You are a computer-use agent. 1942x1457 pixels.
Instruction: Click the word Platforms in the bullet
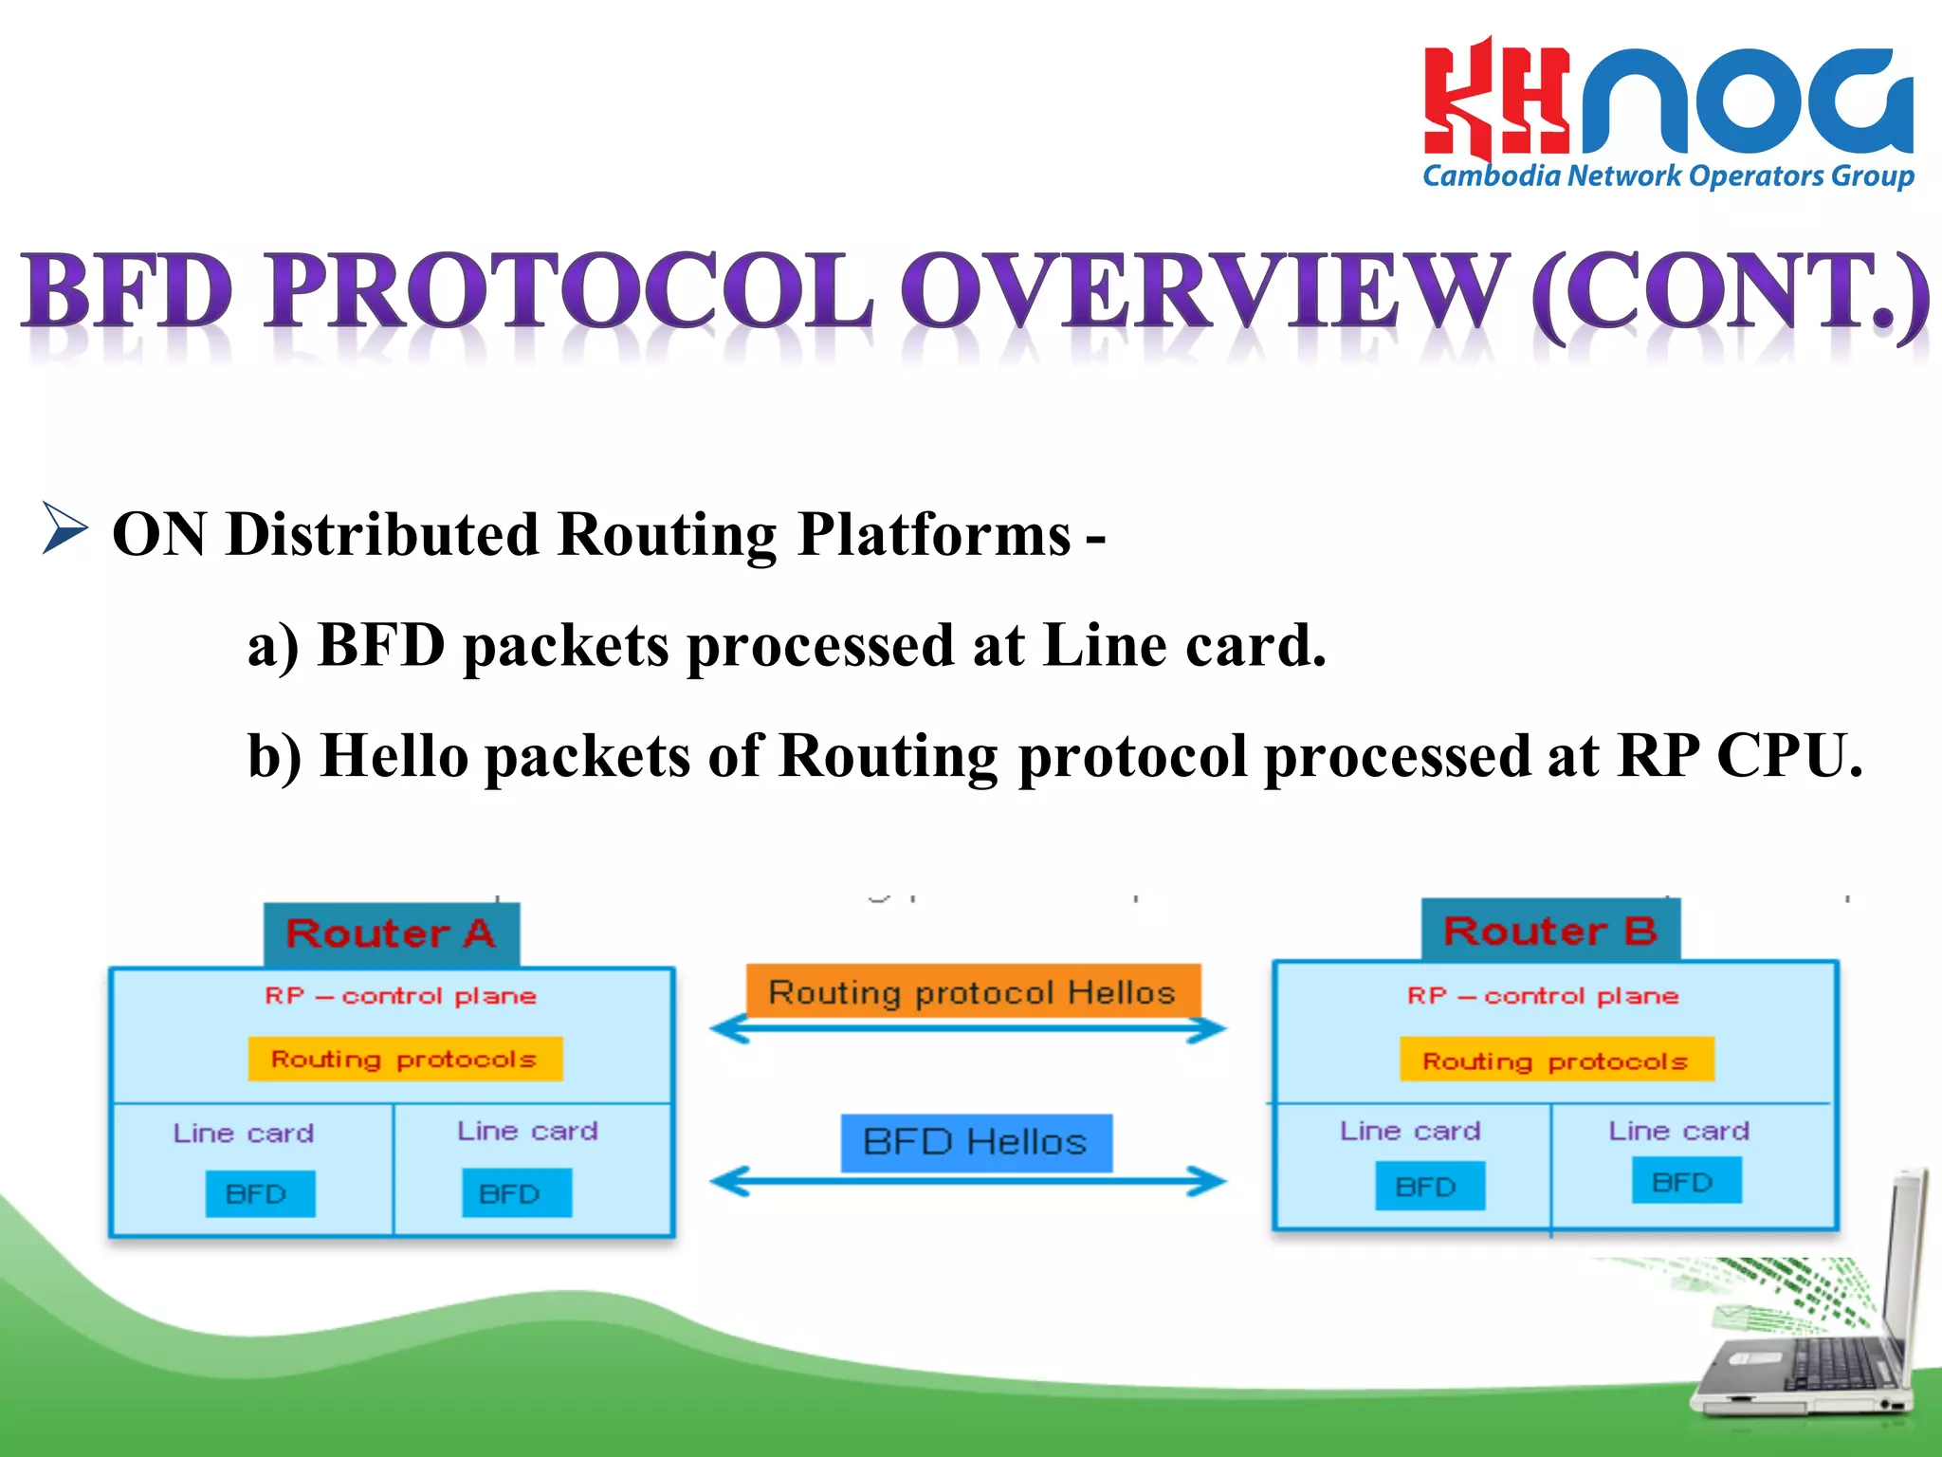933,535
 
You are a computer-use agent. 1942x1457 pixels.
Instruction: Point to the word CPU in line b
1788,756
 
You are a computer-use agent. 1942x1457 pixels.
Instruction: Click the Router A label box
392,933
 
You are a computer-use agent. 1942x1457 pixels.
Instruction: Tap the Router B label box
1550,931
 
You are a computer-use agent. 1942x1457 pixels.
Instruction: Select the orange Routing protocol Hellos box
973,991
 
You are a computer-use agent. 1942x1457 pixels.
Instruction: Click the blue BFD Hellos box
976,1142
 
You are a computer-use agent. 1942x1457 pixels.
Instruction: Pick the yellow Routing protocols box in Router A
405,1059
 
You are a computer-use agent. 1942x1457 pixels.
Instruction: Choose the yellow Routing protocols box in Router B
1556,1060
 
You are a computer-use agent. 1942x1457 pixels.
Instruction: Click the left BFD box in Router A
259,1193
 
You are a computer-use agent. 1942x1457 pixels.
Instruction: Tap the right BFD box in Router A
516,1193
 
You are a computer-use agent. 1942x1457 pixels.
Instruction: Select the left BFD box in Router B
1429,1186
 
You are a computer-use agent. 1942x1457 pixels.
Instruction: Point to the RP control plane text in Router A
401,996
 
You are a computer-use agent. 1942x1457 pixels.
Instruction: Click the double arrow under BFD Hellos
968,1182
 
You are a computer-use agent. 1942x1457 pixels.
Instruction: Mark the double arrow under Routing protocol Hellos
968,1029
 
